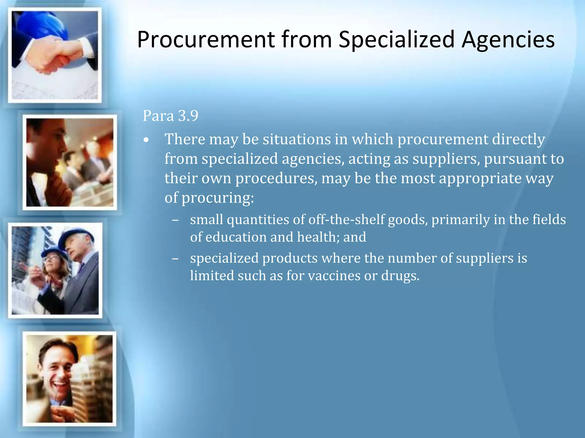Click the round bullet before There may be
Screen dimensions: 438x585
[146, 140]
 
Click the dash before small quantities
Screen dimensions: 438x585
[175, 220]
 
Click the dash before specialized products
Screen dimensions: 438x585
[175, 259]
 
